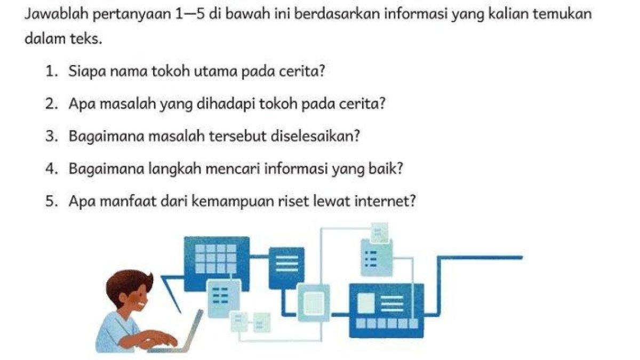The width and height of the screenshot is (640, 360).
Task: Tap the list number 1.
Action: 51,71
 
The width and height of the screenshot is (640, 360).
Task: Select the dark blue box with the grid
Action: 216,259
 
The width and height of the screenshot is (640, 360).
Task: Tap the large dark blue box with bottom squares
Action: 386,309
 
